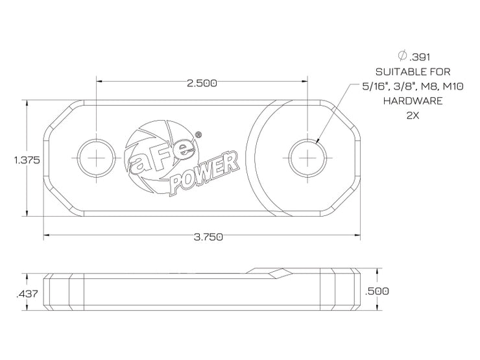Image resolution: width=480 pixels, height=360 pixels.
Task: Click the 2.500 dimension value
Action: point(201,83)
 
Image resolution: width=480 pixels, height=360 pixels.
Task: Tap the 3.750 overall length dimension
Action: point(207,237)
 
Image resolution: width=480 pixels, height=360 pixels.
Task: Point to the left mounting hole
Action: point(97,158)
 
